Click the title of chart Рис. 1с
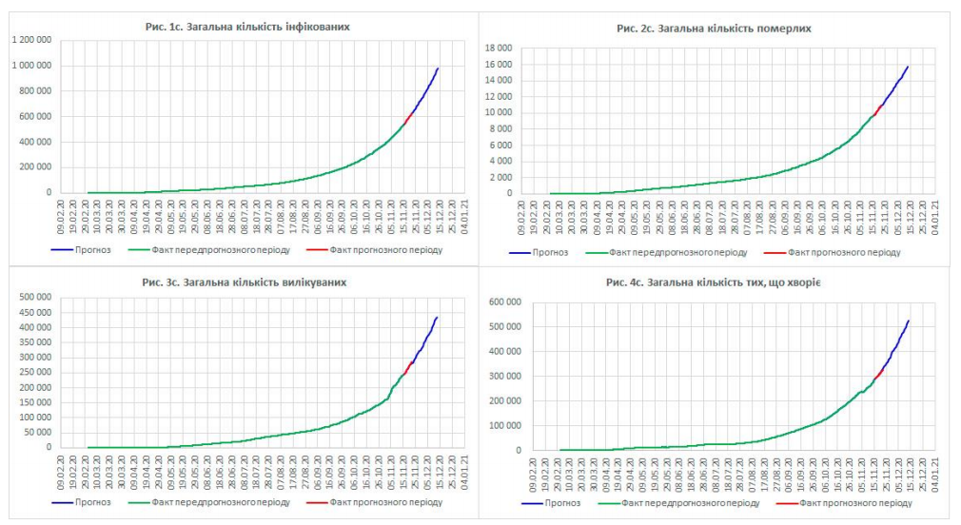[x=246, y=27]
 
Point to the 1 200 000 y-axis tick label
[x=30, y=40]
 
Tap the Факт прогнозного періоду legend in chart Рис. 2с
[x=837, y=252]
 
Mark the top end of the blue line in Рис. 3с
[x=437, y=318]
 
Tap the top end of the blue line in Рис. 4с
[x=909, y=321]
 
